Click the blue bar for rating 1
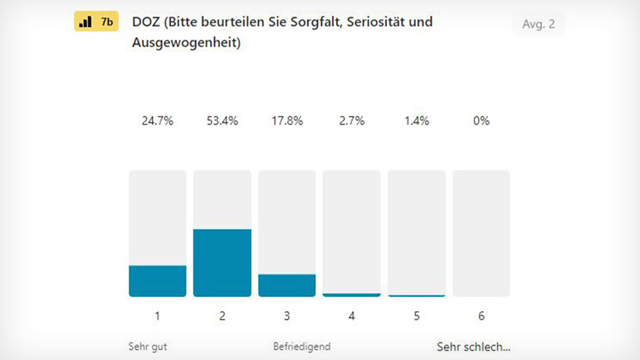coord(157,281)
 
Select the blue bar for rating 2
coord(222,263)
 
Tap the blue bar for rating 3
coord(287,285)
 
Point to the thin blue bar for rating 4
coord(351,294)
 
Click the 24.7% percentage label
coord(157,121)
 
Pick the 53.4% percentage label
coord(222,121)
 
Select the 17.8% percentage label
coord(287,121)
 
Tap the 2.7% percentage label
coord(352,121)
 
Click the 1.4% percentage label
coord(417,121)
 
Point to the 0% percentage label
coord(481,121)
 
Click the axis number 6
coord(481,316)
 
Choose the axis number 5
coord(417,316)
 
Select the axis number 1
coord(157,316)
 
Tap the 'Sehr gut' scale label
coord(148,347)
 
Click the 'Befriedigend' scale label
coord(302,347)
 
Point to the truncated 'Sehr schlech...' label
coord(473,347)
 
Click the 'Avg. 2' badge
coord(538,24)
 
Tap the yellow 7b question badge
coord(96,23)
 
